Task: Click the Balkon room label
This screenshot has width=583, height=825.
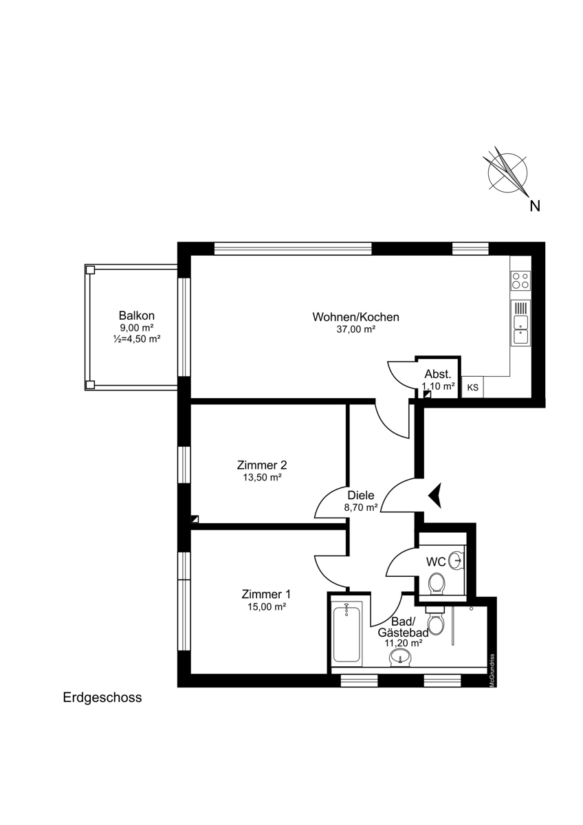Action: click(136, 316)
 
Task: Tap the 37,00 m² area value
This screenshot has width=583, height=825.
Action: click(355, 329)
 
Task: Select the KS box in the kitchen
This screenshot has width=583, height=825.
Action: click(472, 388)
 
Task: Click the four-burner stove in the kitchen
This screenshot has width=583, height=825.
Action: click(520, 280)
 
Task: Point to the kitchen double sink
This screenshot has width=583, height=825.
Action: click(520, 322)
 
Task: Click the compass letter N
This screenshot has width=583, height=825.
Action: click(535, 206)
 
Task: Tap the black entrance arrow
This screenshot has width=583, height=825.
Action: click(435, 496)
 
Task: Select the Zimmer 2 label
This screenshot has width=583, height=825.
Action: click(262, 465)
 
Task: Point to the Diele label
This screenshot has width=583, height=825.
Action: click(361, 496)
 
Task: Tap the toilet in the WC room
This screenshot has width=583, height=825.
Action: click(437, 583)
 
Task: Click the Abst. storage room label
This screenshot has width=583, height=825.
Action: click(438, 374)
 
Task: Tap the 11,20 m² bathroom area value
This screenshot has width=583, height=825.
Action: click(404, 643)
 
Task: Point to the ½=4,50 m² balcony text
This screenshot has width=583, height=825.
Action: click(137, 339)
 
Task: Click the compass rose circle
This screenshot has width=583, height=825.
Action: click(507, 173)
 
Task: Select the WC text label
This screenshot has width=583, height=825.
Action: click(436, 562)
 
